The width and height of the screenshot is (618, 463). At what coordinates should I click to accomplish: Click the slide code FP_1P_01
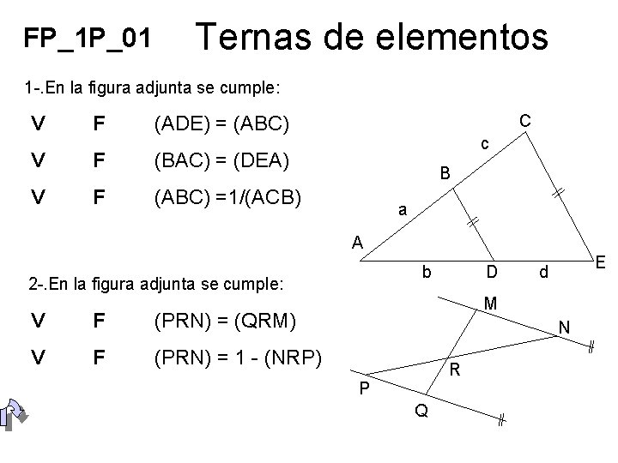pyautogui.click(x=88, y=38)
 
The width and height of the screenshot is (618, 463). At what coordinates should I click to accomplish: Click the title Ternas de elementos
pyautogui.click(x=372, y=37)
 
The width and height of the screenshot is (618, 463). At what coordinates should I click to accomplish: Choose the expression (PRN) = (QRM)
pyautogui.click(x=224, y=322)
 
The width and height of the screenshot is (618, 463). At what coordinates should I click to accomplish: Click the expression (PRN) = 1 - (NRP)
pyautogui.click(x=236, y=358)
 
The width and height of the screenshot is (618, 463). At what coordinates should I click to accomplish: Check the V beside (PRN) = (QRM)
pyautogui.click(x=37, y=322)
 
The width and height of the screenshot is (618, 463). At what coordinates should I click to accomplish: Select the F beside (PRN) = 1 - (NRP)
pyautogui.click(x=101, y=358)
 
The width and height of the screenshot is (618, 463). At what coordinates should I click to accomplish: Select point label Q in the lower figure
pyautogui.click(x=421, y=411)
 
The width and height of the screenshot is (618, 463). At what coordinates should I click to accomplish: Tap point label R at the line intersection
pyautogui.click(x=457, y=370)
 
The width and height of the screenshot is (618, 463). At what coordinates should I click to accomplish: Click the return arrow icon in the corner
pyautogui.click(x=15, y=415)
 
